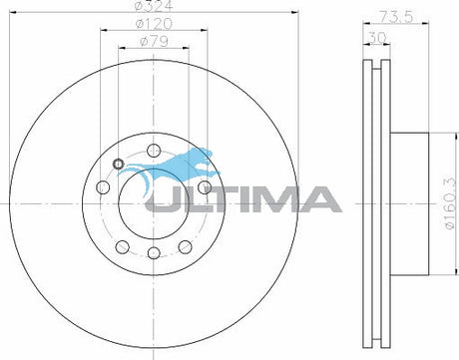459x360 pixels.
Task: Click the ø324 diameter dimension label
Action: pos(154,5)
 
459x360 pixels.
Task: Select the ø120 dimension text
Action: pos(154,23)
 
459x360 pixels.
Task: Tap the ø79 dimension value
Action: pos(154,41)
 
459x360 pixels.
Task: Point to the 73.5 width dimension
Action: pos(396,17)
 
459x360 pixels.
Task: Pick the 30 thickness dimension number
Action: pos(377,38)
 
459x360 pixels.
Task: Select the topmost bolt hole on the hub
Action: pos(154,151)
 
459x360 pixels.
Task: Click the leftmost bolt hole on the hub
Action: pos(103,187)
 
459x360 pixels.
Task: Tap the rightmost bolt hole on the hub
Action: pos(205,187)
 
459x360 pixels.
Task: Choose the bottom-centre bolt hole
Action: pos(154,253)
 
